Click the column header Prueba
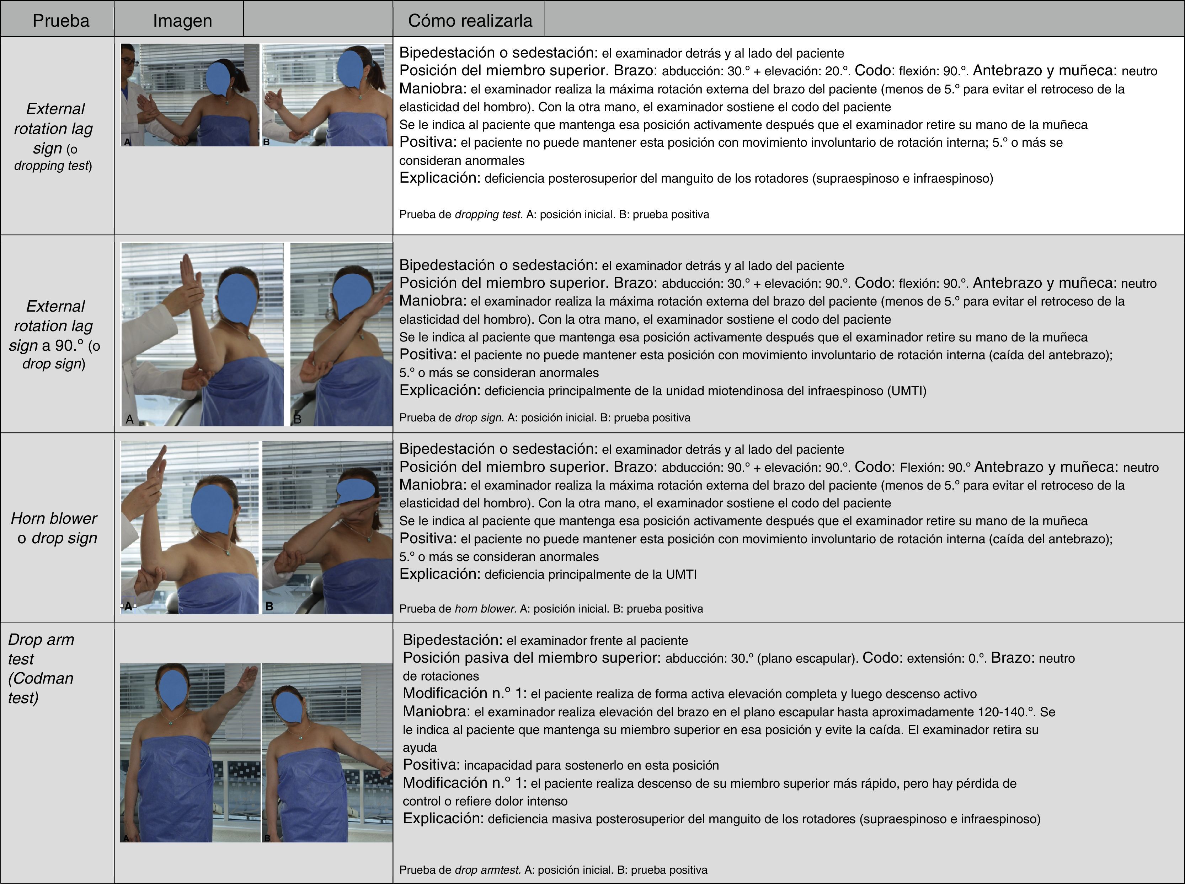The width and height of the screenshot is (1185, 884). (60, 20)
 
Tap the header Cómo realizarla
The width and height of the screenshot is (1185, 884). (470, 20)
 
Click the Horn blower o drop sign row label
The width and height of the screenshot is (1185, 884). (54, 528)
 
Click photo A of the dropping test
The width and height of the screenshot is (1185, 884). (190, 95)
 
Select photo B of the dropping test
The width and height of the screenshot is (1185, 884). (327, 95)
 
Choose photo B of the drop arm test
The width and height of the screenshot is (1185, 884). (327, 753)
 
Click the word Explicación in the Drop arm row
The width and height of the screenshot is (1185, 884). (443, 818)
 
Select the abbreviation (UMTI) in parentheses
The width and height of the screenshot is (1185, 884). (907, 390)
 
